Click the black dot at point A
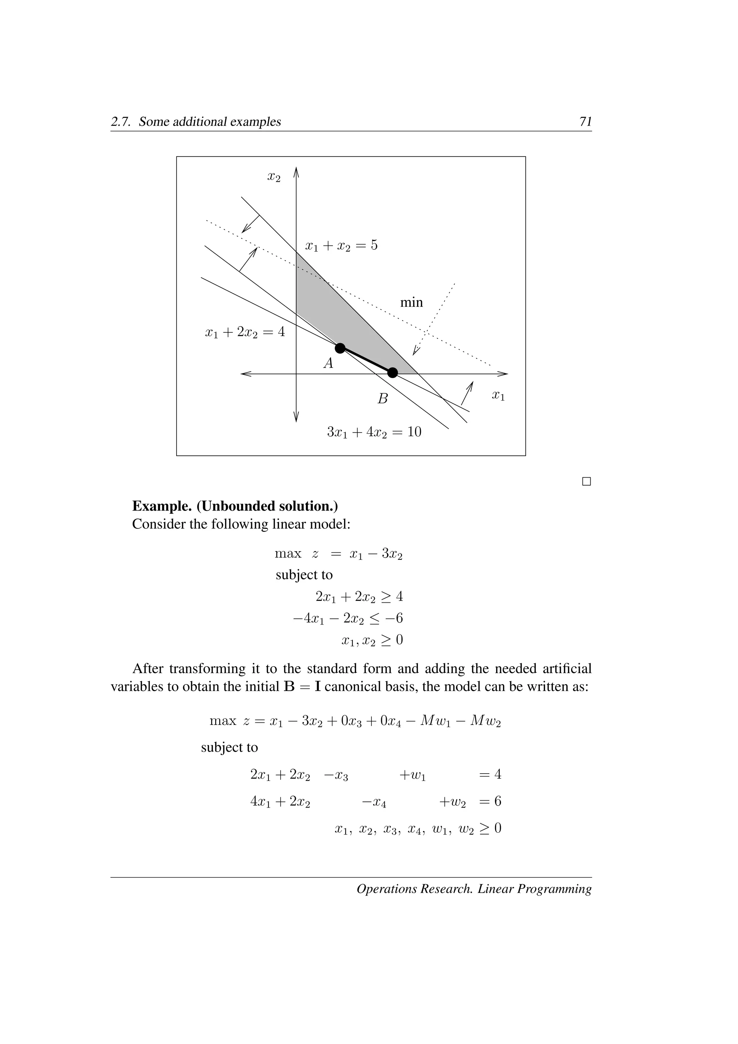[x=340, y=348]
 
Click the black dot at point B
[x=393, y=373]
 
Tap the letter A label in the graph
[x=328, y=363]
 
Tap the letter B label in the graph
[x=383, y=399]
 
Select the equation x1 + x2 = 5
[x=341, y=246]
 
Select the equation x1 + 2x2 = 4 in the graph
[x=245, y=333]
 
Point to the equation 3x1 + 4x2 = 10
[x=374, y=432]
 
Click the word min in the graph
[x=411, y=302]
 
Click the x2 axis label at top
[x=274, y=177]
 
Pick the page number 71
[x=585, y=121]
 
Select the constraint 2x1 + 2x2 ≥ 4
[x=359, y=596]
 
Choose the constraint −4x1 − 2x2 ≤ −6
[x=348, y=618]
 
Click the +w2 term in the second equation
[x=452, y=801]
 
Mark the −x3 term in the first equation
[x=336, y=775]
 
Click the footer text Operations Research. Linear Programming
[x=474, y=889]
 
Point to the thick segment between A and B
[x=366, y=360]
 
